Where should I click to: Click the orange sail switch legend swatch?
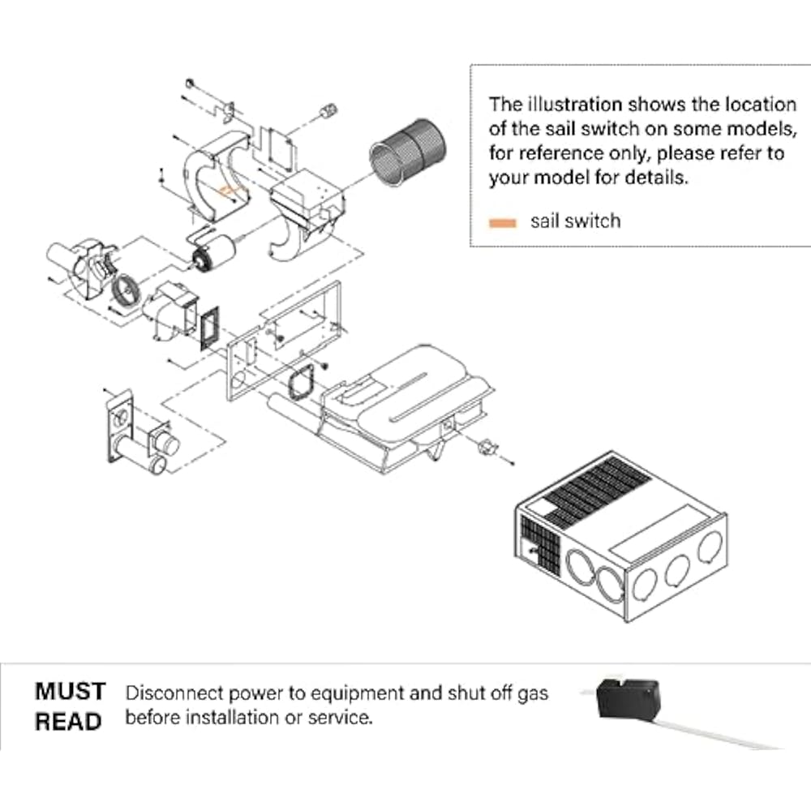(x=502, y=223)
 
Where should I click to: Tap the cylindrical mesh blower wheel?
(x=408, y=151)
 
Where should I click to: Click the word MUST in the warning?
(x=71, y=692)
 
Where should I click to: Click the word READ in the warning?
(x=68, y=722)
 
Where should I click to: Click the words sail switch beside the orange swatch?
(x=575, y=221)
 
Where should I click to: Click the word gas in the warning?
(x=533, y=694)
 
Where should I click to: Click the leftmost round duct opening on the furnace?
(x=581, y=570)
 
